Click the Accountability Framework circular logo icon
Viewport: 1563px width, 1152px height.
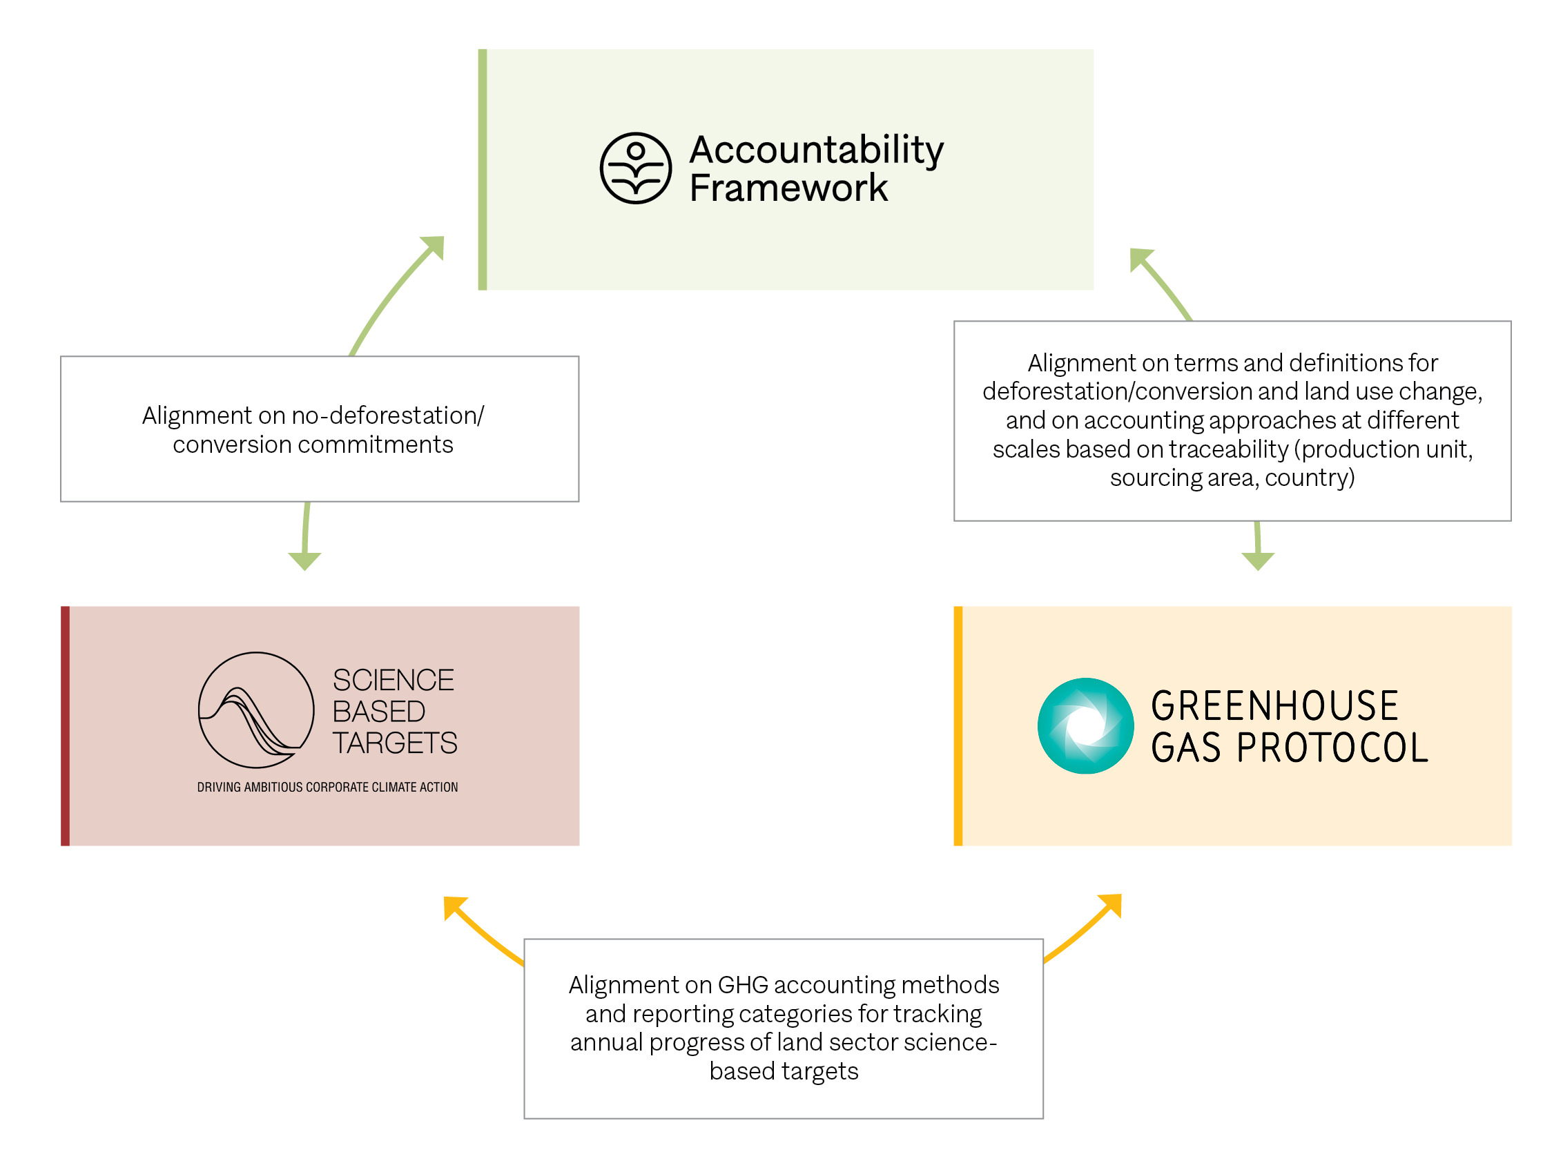pyautogui.click(x=635, y=168)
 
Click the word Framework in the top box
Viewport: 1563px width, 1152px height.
pyautogui.click(x=788, y=188)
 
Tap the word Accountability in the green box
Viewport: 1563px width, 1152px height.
pyautogui.click(x=816, y=150)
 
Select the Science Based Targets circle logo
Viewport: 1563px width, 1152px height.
pyautogui.click(x=256, y=710)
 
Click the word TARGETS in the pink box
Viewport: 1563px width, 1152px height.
pyautogui.click(x=394, y=743)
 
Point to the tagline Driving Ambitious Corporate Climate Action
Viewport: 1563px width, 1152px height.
pyautogui.click(x=327, y=788)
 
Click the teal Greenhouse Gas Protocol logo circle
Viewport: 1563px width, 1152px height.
pyautogui.click(x=1085, y=726)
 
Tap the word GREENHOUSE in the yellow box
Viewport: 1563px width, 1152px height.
pyautogui.click(x=1274, y=705)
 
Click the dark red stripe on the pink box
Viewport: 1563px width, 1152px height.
pyautogui.click(x=65, y=726)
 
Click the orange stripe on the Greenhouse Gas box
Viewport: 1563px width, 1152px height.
pyautogui.click(x=958, y=726)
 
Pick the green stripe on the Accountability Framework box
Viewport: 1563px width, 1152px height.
pyautogui.click(x=482, y=170)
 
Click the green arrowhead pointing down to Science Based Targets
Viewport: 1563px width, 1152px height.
pyautogui.click(x=304, y=560)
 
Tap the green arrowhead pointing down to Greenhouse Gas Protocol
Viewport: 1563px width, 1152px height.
pyautogui.click(x=1258, y=560)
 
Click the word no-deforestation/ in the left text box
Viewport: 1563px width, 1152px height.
pyautogui.click(x=387, y=416)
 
